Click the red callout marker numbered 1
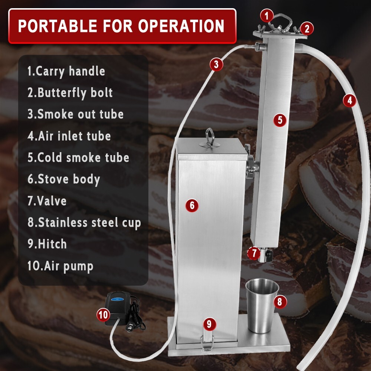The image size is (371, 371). click(x=267, y=16)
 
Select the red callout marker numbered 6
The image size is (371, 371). click(x=192, y=205)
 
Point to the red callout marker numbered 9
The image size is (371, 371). click(x=209, y=324)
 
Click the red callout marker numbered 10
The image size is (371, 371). click(x=104, y=315)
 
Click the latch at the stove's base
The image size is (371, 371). click(x=207, y=341)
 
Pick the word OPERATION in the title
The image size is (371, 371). click(x=181, y=26)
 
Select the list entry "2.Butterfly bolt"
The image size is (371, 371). click(x=70, y=92)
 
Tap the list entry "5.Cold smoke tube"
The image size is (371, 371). click(x=78, y=157)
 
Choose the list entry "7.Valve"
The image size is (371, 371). click(x=47, y=201)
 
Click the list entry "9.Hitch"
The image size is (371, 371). click(x=47, y=244)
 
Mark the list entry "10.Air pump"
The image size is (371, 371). click(x=60, y=266)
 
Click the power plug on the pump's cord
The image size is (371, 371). click(x=130, y=326)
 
